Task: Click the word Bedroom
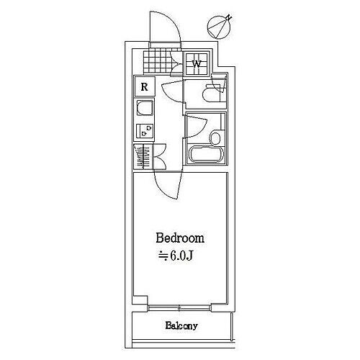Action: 180,238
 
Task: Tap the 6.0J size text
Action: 176,256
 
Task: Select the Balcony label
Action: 181,325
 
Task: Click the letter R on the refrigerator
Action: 144,86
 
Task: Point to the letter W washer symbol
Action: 197,64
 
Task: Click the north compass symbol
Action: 220,27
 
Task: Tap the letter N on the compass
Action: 229,17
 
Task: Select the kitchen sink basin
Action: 145,108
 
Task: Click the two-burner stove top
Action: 145,131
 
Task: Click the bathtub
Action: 207,154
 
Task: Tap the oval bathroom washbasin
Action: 215,138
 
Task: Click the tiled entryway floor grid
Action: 158,61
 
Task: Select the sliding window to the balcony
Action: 179,307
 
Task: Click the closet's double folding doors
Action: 159,157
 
